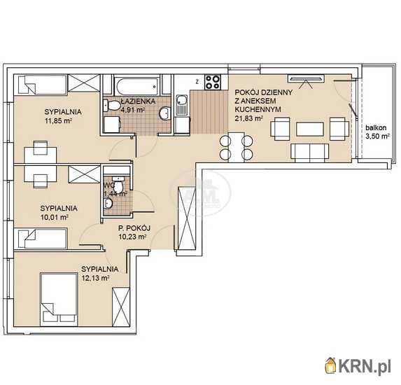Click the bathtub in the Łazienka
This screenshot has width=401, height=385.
(137, 86)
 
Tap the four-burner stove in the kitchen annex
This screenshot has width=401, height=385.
(213, 82)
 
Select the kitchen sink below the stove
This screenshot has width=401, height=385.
(182, 104)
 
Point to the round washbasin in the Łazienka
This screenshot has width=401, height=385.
(165, 113)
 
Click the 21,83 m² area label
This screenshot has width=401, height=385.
(249, 118)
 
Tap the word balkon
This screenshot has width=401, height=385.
(376, 127)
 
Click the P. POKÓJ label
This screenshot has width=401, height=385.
(134, 227)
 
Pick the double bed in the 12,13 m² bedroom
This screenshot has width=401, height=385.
(59, 300)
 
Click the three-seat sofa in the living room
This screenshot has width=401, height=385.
(310, 153)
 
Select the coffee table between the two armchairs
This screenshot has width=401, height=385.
(310, 129)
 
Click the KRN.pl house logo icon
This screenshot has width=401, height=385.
(331, 365)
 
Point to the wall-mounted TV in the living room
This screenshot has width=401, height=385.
(306, 78)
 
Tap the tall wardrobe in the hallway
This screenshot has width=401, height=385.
(186, 218)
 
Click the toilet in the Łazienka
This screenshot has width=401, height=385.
(112, 106)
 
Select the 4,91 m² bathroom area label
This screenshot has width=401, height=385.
(133, 110)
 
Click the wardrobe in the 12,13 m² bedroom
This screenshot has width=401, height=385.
(121, 307)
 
